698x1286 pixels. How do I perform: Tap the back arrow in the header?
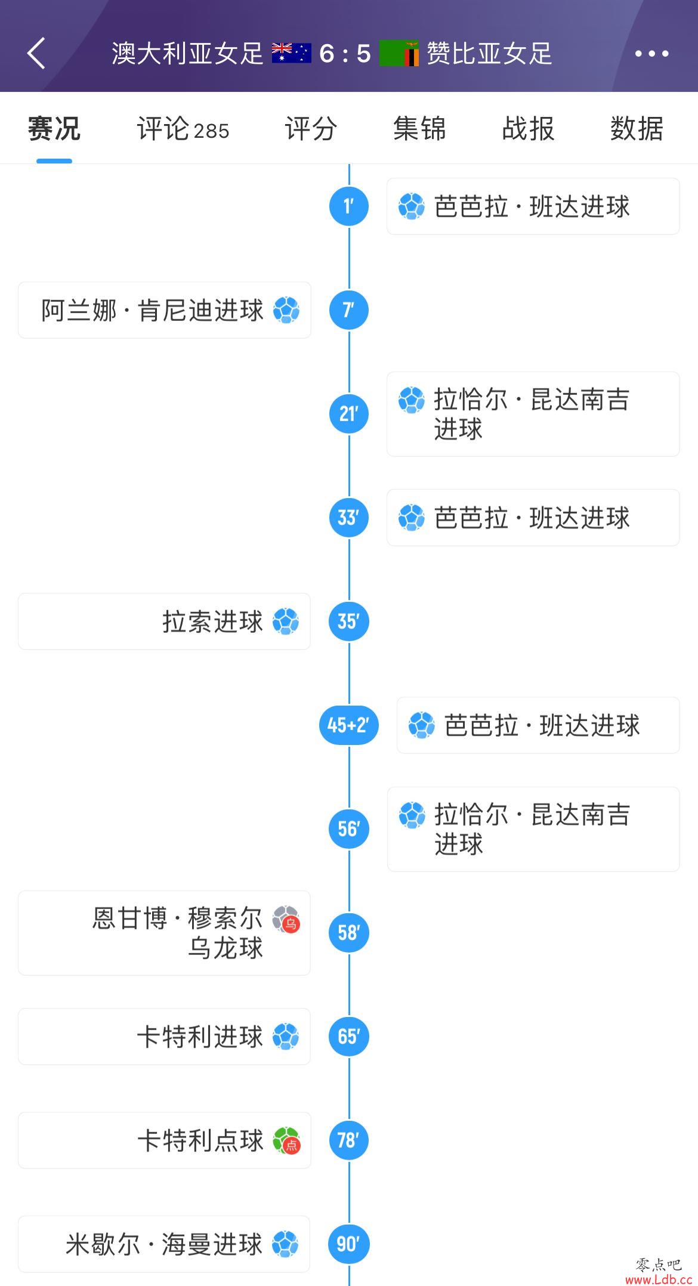36,53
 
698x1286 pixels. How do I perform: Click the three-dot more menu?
652,54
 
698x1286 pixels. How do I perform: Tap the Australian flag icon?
291,53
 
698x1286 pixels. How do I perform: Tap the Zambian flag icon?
399,53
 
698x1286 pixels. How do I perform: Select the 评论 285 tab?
183,129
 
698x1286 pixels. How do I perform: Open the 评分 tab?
311,129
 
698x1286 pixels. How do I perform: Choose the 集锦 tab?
419,129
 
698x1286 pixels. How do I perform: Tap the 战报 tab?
528,129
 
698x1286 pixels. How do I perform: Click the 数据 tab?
637,129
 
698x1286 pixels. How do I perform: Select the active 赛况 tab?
54,129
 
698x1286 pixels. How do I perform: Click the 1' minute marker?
349,206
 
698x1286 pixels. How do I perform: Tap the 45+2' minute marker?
349,725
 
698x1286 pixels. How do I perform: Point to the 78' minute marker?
349,1140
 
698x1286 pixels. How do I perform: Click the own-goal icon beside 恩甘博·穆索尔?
286,920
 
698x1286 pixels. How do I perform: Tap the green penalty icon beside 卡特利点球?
286,1140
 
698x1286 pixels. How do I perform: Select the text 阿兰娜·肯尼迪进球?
152,310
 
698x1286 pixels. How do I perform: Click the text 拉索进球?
212,622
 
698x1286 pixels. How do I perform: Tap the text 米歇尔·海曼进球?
164,1244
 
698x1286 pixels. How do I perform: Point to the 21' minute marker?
349,414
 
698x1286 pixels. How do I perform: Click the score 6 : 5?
345,54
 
